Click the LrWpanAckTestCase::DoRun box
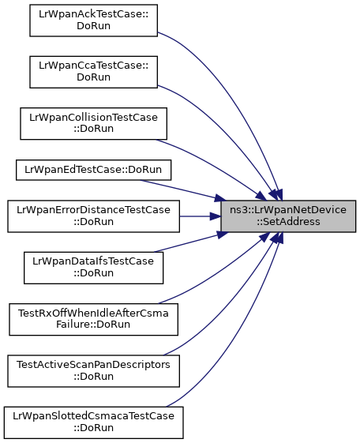93,21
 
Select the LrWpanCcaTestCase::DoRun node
93,72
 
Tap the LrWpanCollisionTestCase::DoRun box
93,123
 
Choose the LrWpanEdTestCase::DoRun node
93,170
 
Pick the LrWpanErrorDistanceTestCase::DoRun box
93,216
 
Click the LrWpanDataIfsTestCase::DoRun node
93,268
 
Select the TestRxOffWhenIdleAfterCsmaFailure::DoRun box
93,320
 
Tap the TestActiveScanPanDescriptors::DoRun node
93,371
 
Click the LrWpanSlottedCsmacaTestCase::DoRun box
93,422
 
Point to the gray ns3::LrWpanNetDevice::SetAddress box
288,216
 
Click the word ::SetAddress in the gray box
288,222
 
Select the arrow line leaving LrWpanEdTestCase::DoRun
181,190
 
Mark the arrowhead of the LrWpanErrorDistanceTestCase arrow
216,216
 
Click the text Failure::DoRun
93,325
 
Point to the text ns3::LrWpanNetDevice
288,210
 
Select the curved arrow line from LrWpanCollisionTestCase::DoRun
215,167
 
